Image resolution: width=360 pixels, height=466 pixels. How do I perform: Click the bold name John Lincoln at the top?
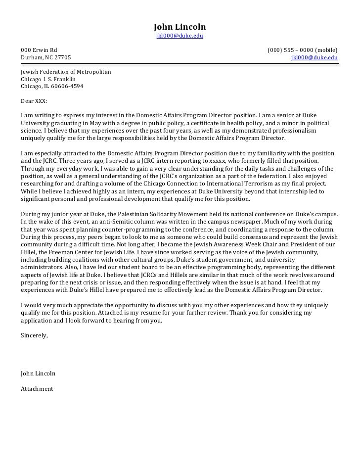pos(180,26)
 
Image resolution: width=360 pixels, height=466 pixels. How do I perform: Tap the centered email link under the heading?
pos(180,36)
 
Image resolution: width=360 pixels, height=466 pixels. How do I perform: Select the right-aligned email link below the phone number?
pos(315,57)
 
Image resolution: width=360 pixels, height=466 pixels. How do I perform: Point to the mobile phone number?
pos(302,50)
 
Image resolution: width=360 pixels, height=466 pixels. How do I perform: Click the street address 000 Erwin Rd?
pos(39,50)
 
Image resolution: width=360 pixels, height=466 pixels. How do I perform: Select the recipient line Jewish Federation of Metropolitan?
pos(66,72)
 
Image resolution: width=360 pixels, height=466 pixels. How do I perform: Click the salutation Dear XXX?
pos(34,100)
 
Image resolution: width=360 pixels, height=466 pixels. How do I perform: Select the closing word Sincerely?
pos(34,335)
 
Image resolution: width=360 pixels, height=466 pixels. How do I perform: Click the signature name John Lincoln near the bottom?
pos(38,373)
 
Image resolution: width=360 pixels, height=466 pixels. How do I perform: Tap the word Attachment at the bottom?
pos(37,389)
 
